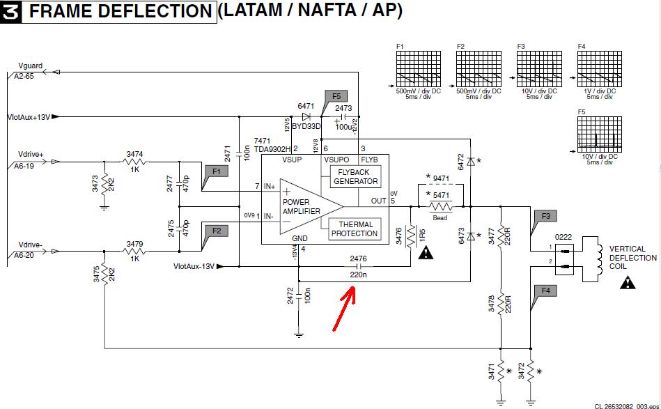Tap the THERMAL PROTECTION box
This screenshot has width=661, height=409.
coord(355,229)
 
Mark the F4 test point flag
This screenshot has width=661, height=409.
coord(545,291)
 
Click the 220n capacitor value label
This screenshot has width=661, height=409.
coord(358,275)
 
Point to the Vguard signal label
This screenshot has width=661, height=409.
coord(31,66)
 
